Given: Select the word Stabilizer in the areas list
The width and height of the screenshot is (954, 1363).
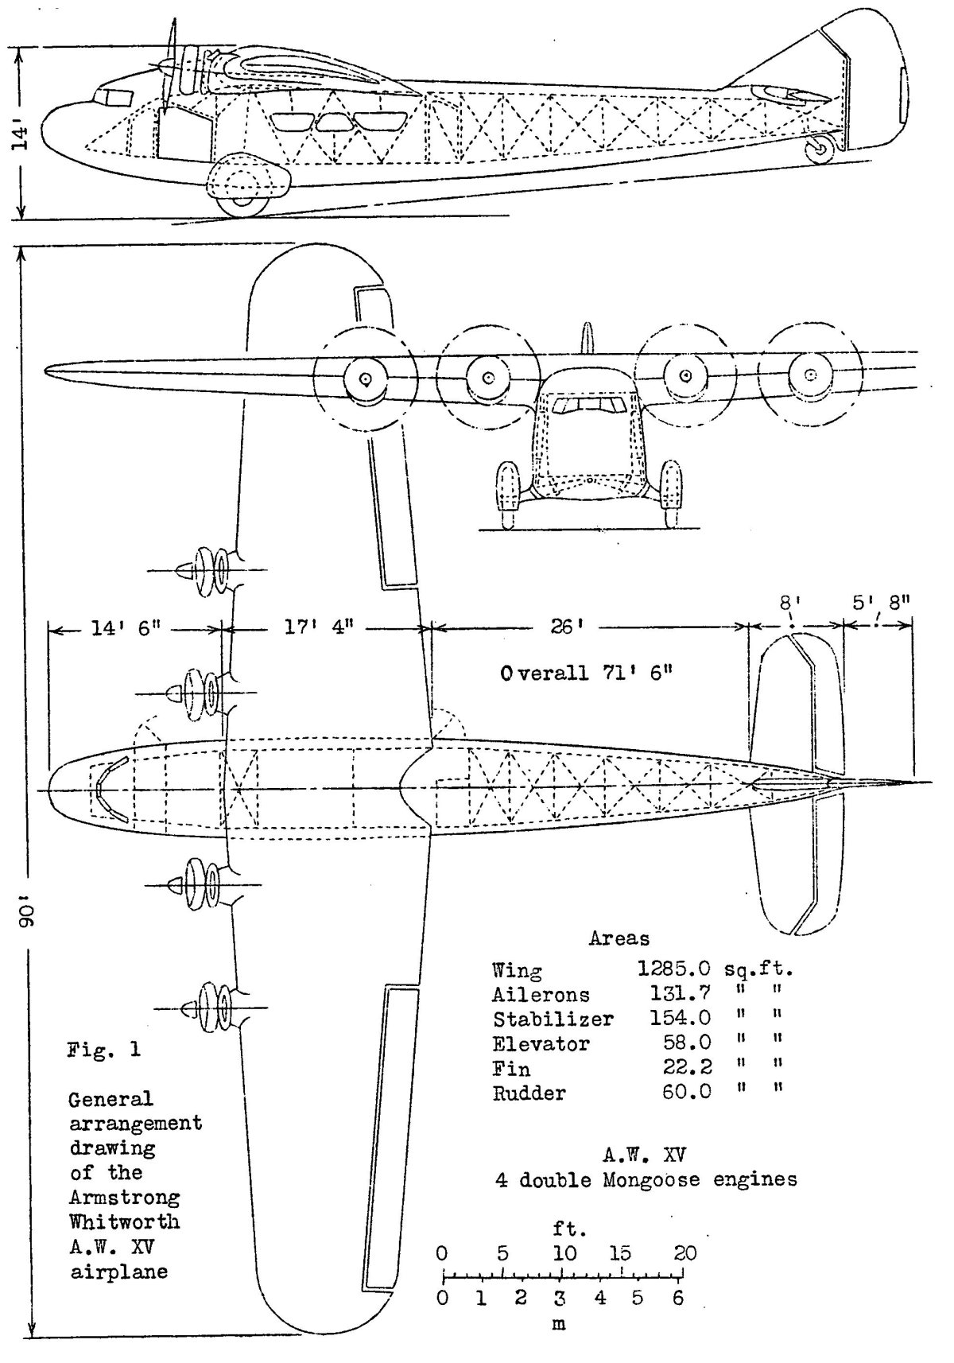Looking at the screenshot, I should coord(553,1019).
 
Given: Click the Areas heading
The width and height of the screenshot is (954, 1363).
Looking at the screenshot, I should coord(619,938).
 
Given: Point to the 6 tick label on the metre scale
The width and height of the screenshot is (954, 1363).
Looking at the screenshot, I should coord(678,1299).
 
